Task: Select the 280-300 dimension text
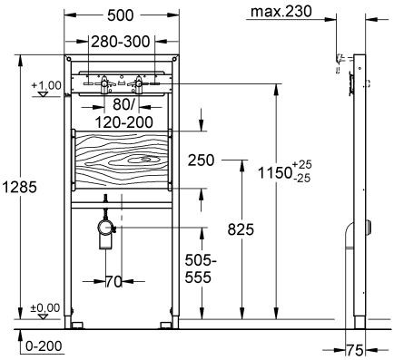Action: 122,43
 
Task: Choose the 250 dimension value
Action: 202,160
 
